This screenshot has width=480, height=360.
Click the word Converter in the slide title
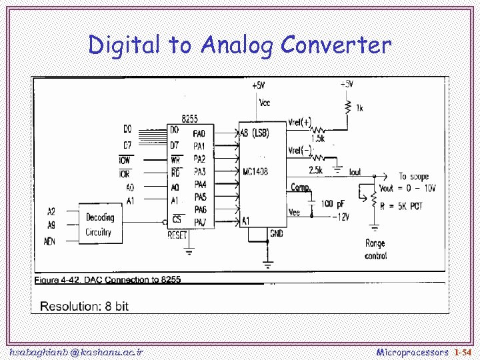(335, 45)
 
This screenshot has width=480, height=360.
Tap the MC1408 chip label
(255, 171)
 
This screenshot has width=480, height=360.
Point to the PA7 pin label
(199, 221)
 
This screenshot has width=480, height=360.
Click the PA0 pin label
(199, 133)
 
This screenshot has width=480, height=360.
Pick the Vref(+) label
(299, 122)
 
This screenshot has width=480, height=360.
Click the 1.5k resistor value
(317, 139)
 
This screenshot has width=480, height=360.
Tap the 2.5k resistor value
(315, 171)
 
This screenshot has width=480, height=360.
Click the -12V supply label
(341, 217)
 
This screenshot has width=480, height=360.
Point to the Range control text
(375, 249)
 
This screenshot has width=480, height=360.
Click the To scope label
(413, 177)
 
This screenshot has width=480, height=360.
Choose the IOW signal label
(125, 160)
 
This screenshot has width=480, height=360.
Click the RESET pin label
(177, 235)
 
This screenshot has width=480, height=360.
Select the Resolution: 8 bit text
(84, 306)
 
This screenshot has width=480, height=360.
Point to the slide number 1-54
(463, 351)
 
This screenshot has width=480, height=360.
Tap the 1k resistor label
(360, 108)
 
